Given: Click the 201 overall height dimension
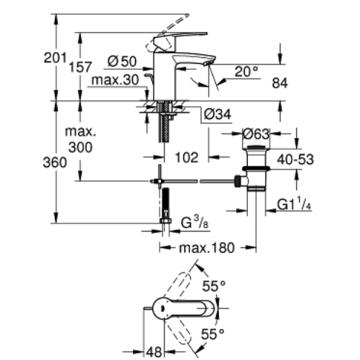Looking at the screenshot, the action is coord(55,58).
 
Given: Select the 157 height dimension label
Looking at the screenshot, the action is coord(80,67).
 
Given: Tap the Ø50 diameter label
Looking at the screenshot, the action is coord(122,61).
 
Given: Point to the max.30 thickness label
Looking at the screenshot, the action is coord(115,80).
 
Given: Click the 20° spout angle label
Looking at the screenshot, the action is coord(246,72).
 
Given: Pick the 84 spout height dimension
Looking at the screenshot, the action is coord(280,83).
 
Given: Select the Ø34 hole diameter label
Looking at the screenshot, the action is coord(217,114).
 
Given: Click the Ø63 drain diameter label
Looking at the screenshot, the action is coord(256,134).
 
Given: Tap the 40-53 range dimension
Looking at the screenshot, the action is coord(295,160).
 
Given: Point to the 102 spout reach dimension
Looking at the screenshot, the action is coord(186,157).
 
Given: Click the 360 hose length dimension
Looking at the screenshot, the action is coord(55,163).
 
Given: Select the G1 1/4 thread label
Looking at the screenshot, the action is coord(294,205).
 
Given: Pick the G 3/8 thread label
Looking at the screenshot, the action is coord(195,222).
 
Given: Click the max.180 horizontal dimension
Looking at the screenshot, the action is coord(206,248).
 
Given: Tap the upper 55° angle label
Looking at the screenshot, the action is coord(214,287).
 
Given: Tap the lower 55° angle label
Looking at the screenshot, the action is coord(212,334).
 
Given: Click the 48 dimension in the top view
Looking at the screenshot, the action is coord(154,352).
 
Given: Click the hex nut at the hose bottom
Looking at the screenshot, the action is coord(166,220).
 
